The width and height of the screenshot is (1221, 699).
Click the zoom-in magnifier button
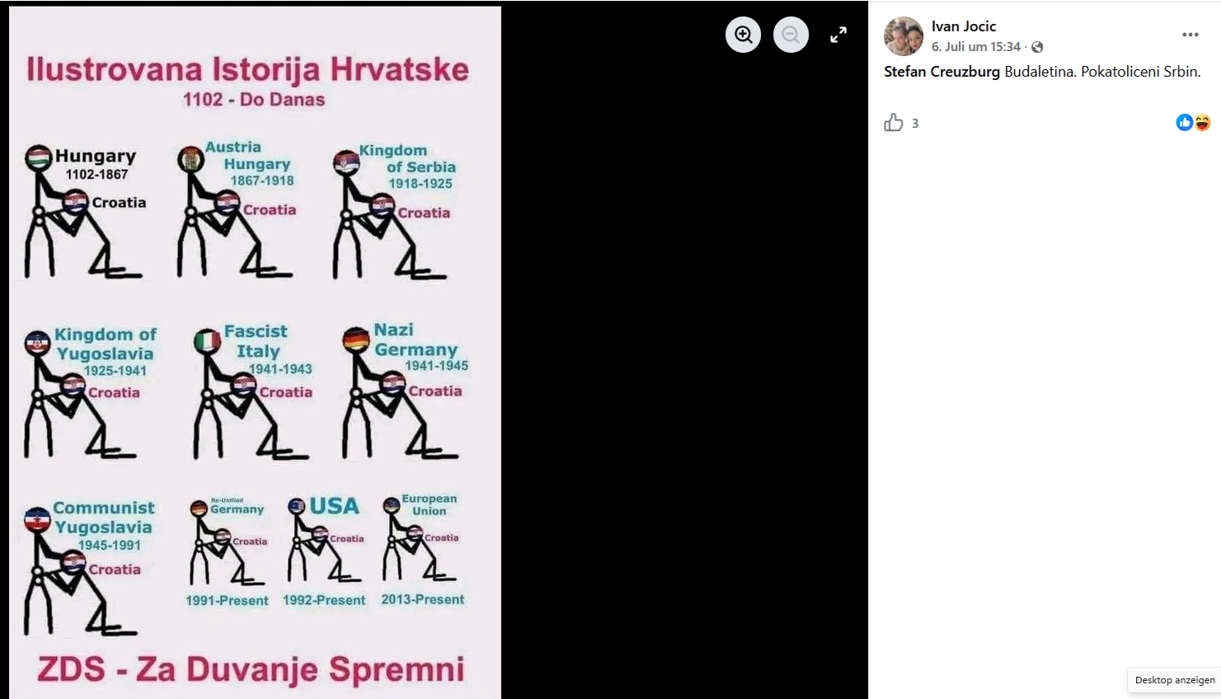click(x=743, y=35)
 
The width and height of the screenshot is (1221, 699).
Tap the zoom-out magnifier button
click(x=791, y=35)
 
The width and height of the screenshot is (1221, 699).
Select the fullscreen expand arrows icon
click(x=838, y=35)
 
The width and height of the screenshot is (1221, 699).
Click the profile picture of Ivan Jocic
click(x=904, y=36)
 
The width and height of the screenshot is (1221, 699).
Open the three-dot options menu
click(x=1190, y=35)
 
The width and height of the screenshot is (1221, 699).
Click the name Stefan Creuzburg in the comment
click(x=942, y=72)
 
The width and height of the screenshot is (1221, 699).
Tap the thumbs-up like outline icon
click(x=894, y=123)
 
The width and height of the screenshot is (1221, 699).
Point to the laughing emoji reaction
click(x=1202, y=123)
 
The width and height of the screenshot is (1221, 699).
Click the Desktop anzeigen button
click(x=1175, y=680)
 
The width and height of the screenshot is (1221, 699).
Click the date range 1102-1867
click(x=96, y=175)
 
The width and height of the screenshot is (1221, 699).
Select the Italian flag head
click(x=207, y=341)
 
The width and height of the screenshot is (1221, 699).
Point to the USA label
click(x=334, y=506)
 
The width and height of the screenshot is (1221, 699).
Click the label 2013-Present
click(x=422, y=599)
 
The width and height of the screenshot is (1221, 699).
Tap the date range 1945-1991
click(x=109, y=545)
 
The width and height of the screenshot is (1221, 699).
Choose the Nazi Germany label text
click(x=416, y=340)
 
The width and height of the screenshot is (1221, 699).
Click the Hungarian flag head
click(x=38, y=158)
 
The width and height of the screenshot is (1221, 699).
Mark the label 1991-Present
click(x=227, y=600)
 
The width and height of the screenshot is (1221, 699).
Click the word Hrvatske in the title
click(x=400, y=70)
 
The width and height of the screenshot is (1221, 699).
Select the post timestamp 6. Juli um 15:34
click(x=975, y=47)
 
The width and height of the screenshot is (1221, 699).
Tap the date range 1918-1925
click(x=420, y=184)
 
